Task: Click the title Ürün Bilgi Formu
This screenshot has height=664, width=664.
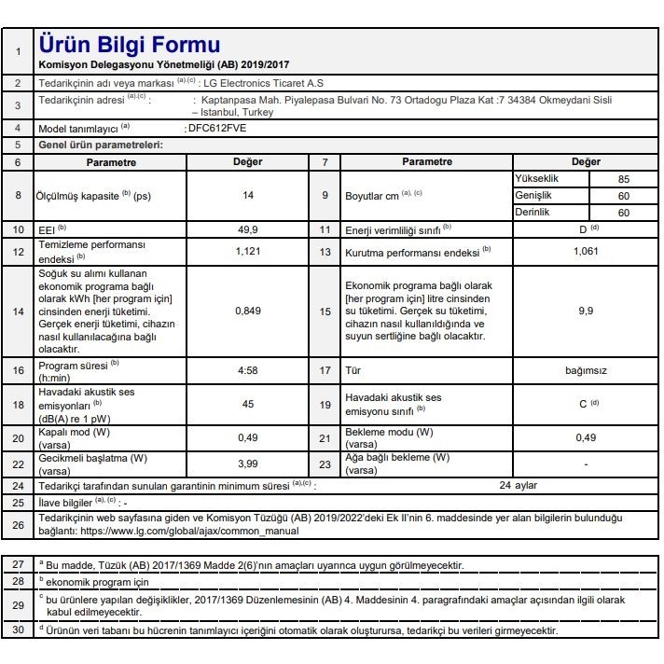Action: [130, 45]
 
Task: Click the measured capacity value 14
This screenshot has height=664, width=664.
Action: [247, 196]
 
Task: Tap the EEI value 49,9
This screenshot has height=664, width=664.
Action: [247, 229]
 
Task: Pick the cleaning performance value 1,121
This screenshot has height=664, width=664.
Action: [247, 252]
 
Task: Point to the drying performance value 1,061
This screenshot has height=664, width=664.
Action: [586, 252]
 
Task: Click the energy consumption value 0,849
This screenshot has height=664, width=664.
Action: [247, 311]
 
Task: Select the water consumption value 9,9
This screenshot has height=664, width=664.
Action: [586, 311]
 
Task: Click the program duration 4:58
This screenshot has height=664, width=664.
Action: [247, 370]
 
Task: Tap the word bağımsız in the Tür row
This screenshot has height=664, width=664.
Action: [586, 370]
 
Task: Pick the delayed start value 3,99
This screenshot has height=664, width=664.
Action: [247, 463]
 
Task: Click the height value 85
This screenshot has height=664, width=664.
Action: [623, 179]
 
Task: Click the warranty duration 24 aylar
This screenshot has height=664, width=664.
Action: [519, 485]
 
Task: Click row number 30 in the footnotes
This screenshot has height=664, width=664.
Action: [18, 631]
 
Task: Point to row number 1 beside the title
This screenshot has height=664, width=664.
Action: [18, 51]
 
